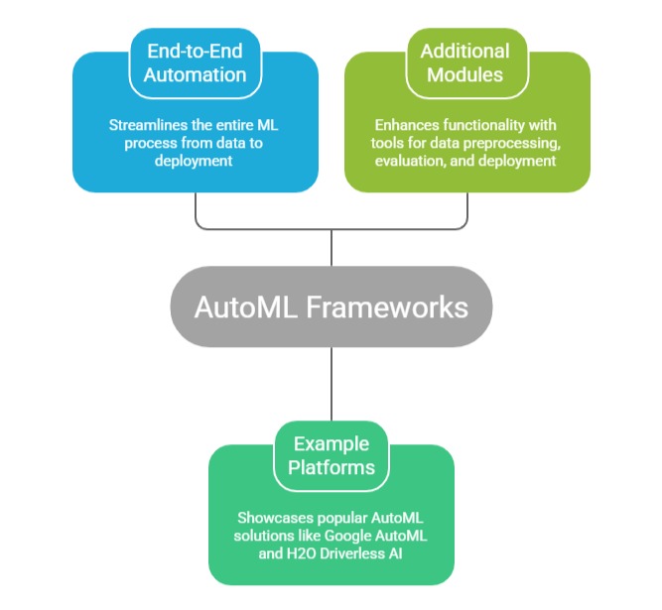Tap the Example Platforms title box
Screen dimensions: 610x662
[331, 454]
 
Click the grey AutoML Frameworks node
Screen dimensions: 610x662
[331, 306]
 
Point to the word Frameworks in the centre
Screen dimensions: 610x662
[388, 306]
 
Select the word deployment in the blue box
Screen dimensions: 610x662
[195, 161]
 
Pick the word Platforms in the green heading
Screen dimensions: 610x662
[331, 466]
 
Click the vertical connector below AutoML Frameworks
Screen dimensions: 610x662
[331, 382]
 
